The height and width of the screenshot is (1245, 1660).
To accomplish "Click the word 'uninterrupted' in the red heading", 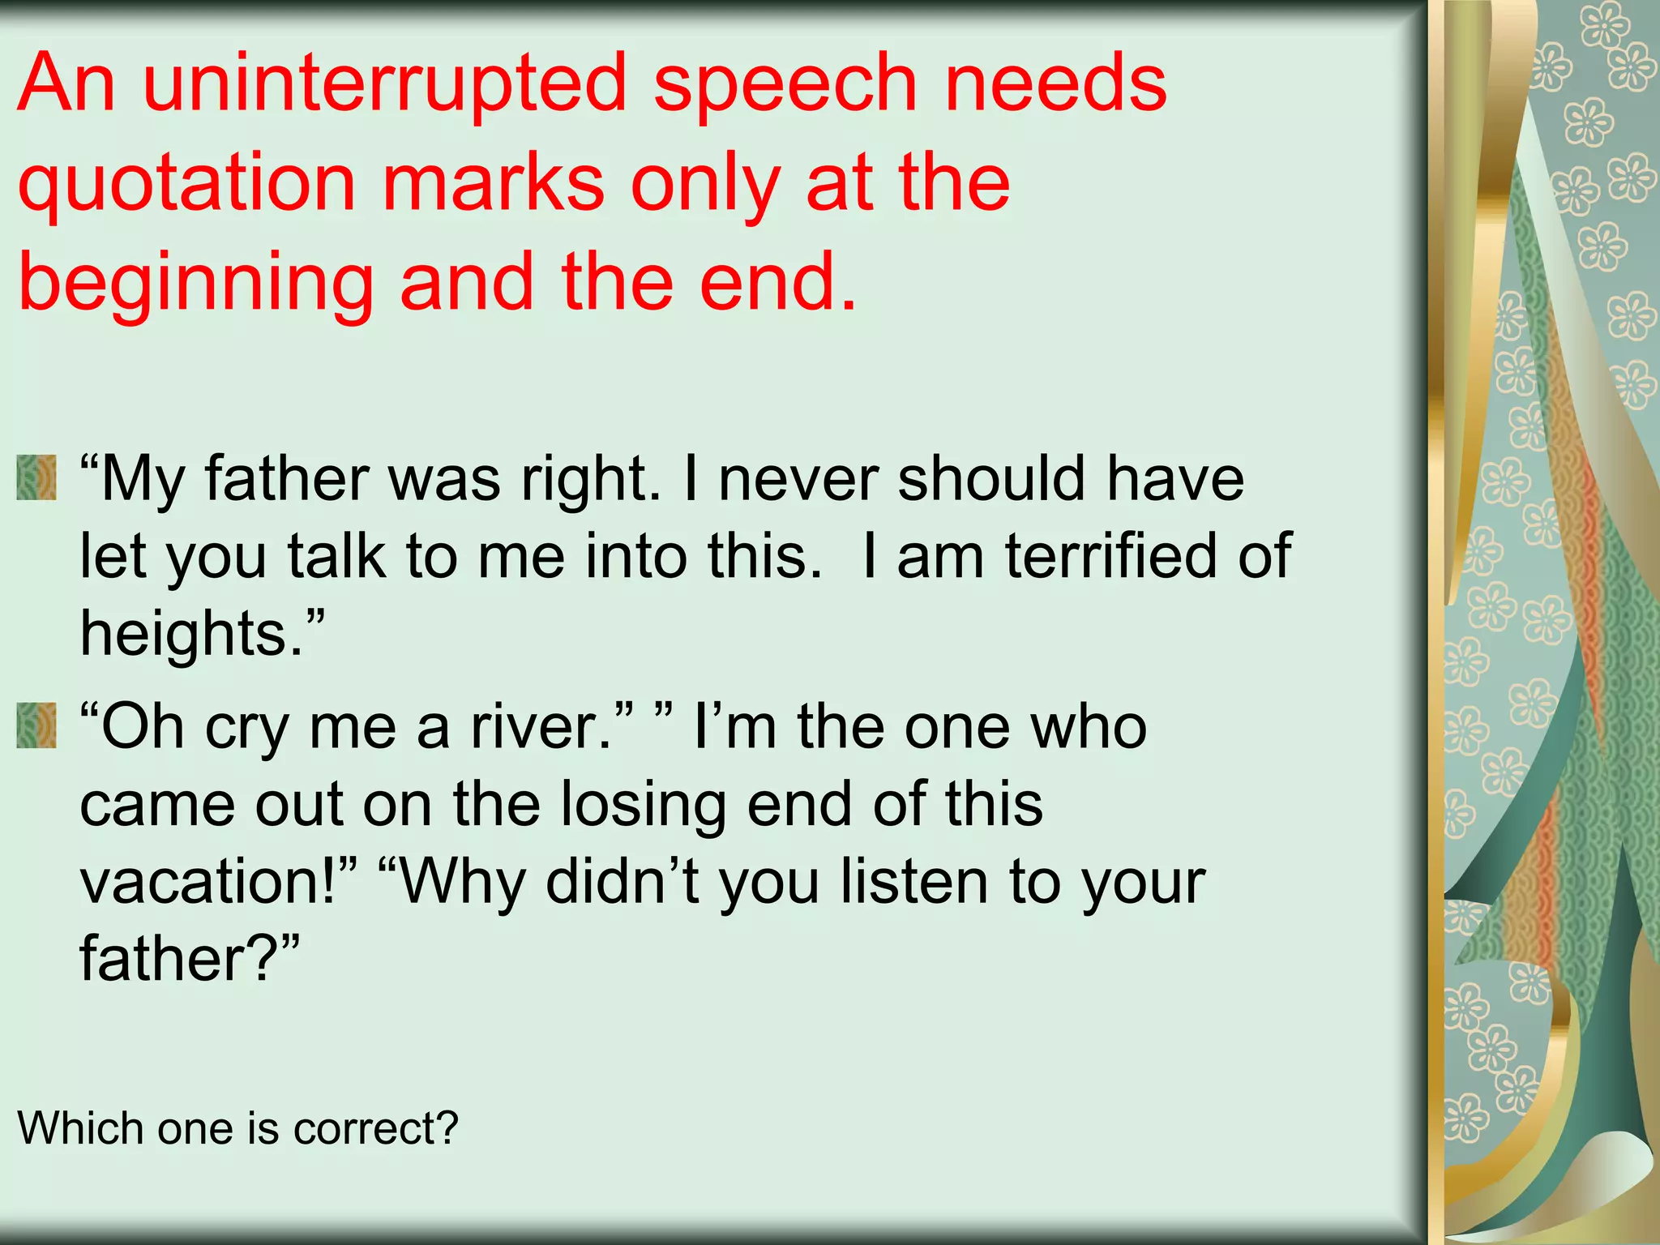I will click(385, 83).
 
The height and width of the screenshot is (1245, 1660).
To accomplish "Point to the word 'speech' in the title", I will click(785, 84).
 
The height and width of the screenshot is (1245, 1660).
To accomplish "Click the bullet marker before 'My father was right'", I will click(36, 477).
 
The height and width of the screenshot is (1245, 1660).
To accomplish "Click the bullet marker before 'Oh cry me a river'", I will click(36, 725).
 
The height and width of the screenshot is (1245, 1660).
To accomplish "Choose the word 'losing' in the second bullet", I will click(644, 804).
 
